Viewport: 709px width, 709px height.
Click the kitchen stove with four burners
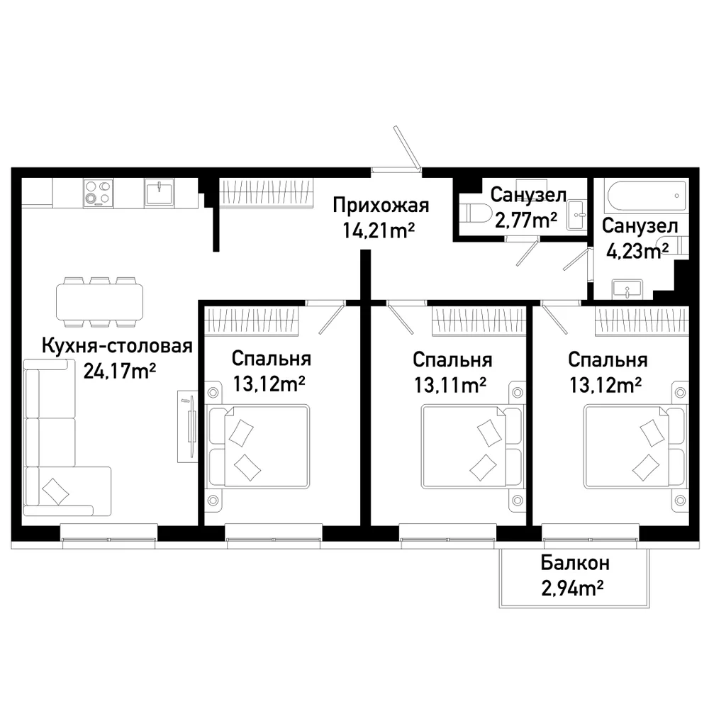click(98, 193)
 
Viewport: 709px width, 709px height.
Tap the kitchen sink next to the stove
click(159, 193)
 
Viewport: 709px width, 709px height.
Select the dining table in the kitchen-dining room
click(99, 301)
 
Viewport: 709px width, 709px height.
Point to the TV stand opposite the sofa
click(187, 426)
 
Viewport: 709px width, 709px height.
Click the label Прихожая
click(381, 206)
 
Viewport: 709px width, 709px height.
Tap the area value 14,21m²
click(379, 230)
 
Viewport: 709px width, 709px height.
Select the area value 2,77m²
click(526, 220)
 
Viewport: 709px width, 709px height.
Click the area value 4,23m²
click(637, 251)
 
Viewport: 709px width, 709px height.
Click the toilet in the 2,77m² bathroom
click(475, 213)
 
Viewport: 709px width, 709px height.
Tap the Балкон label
click(575, 564)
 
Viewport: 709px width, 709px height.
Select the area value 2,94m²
click(572, 588)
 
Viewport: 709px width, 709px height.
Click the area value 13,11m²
click(450, 385)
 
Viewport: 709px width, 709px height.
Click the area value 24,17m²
click(120, 372)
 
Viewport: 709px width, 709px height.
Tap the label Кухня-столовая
click(117, 347)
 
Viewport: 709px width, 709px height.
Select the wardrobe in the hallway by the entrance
click(267, 193)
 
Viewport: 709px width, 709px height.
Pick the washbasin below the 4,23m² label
click(627, 289)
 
